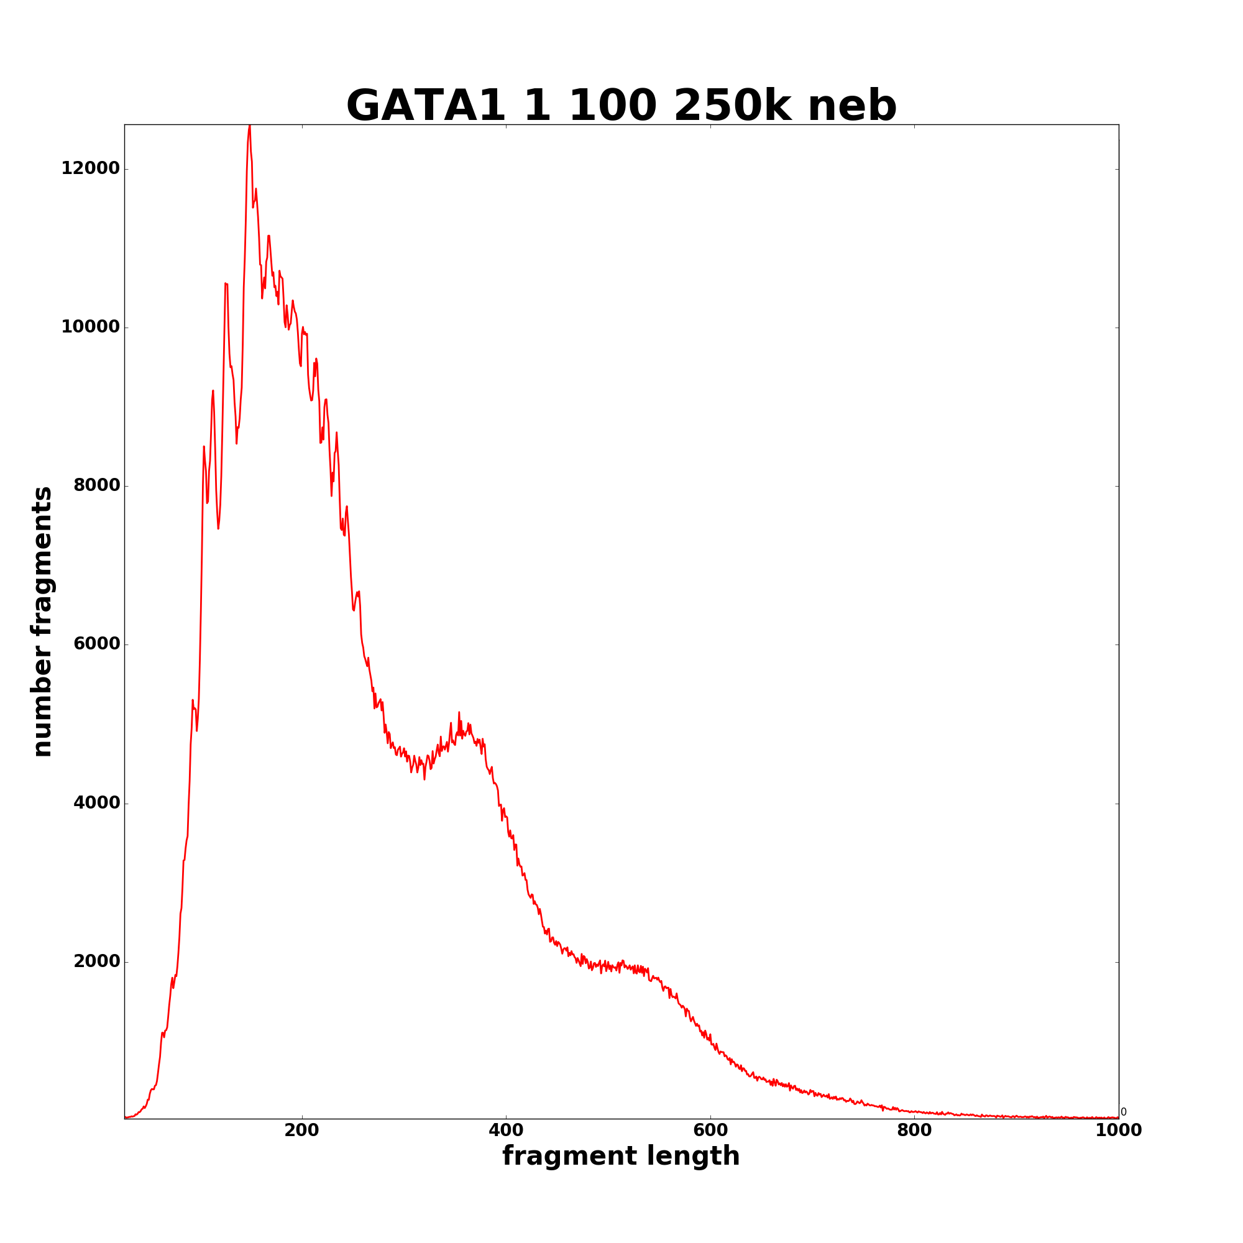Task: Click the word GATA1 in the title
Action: tap(426, 106)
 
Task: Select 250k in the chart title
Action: tap(732, 106)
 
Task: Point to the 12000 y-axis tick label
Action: tap(91, 168)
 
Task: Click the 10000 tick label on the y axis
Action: tap(91, 327)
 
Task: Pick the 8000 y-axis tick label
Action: tap(96, 486)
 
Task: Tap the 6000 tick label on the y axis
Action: tap(96, 644)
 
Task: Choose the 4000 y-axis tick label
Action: tap(96, 803)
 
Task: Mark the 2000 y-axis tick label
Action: tap(96, 961)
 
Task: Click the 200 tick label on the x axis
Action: tap(302, 1131)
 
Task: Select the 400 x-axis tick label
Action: tap(506, 1131)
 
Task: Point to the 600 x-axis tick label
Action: tap(710, 1131)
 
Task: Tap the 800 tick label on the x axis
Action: tap(914, 1131)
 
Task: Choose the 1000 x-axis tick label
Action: tap(1118, 1131)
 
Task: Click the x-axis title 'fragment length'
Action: tap(621, 1156)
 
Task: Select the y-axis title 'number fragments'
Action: tap(42, 621)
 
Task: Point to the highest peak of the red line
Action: tap(250, 127)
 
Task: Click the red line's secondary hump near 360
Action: tap(459, 713)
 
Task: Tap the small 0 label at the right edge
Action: tap(1123, 1112)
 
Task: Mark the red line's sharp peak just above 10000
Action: tap(226, 284)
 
